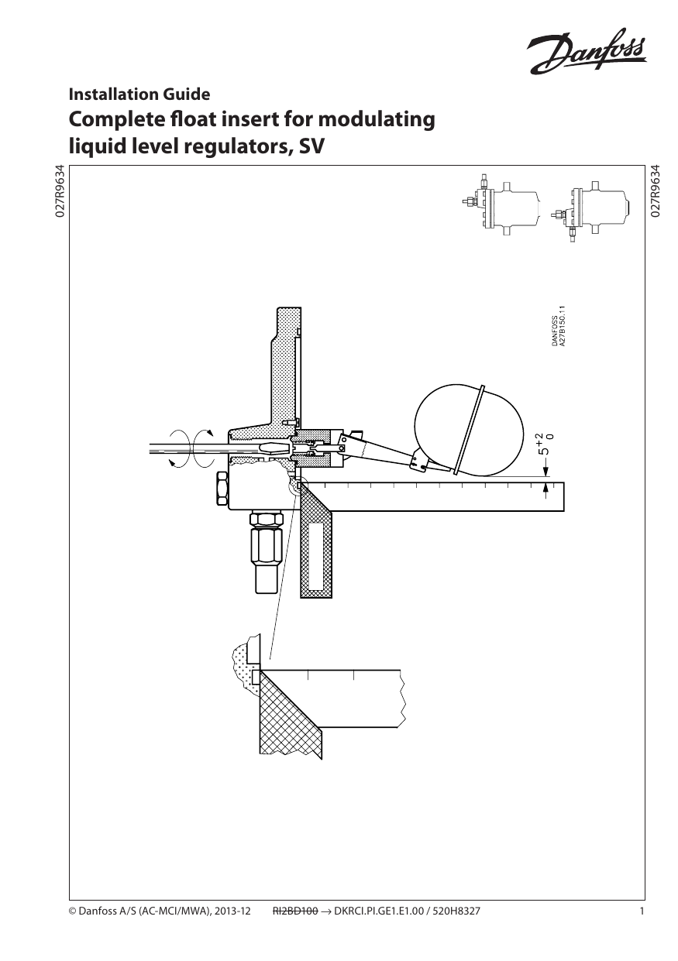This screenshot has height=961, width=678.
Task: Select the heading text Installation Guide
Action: click(139, 94)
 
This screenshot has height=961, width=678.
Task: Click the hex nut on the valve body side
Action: click(220, 489)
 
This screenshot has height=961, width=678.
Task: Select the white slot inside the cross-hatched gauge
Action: click(315, 555)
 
